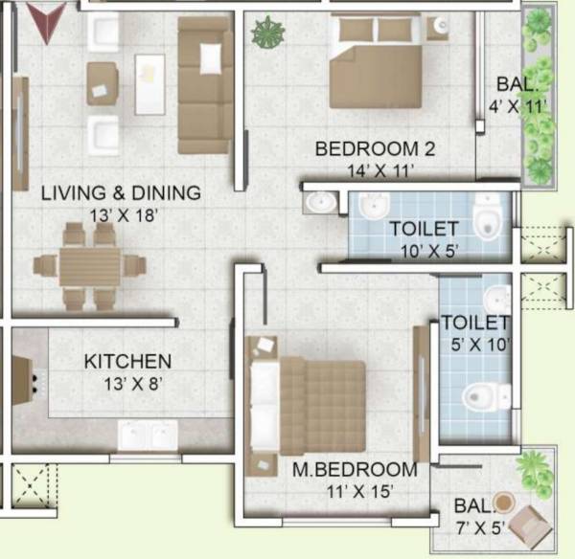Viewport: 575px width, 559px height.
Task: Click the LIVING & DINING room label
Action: coord(121,193)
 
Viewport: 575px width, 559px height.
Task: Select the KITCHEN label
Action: coord(127,362)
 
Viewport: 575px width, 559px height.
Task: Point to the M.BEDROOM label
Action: coord(356,470)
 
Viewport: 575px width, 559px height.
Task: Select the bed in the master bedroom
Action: coord(307,401)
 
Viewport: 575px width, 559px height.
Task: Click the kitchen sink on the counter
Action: coord(146,435)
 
